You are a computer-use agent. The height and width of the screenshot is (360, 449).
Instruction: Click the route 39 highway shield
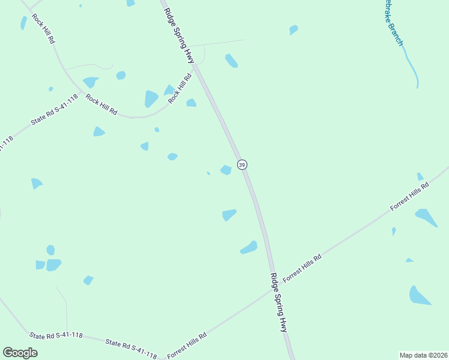242,164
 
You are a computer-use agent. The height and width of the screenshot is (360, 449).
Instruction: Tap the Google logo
20,353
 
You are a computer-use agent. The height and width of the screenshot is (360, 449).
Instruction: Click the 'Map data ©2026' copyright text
423,355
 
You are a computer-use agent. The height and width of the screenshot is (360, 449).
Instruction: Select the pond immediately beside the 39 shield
226,170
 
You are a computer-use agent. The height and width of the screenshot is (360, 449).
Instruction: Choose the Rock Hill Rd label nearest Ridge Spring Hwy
179,88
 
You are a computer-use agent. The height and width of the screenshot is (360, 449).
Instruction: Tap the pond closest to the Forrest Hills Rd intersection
249,247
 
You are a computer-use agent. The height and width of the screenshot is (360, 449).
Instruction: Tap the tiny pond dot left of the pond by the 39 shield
208,173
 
